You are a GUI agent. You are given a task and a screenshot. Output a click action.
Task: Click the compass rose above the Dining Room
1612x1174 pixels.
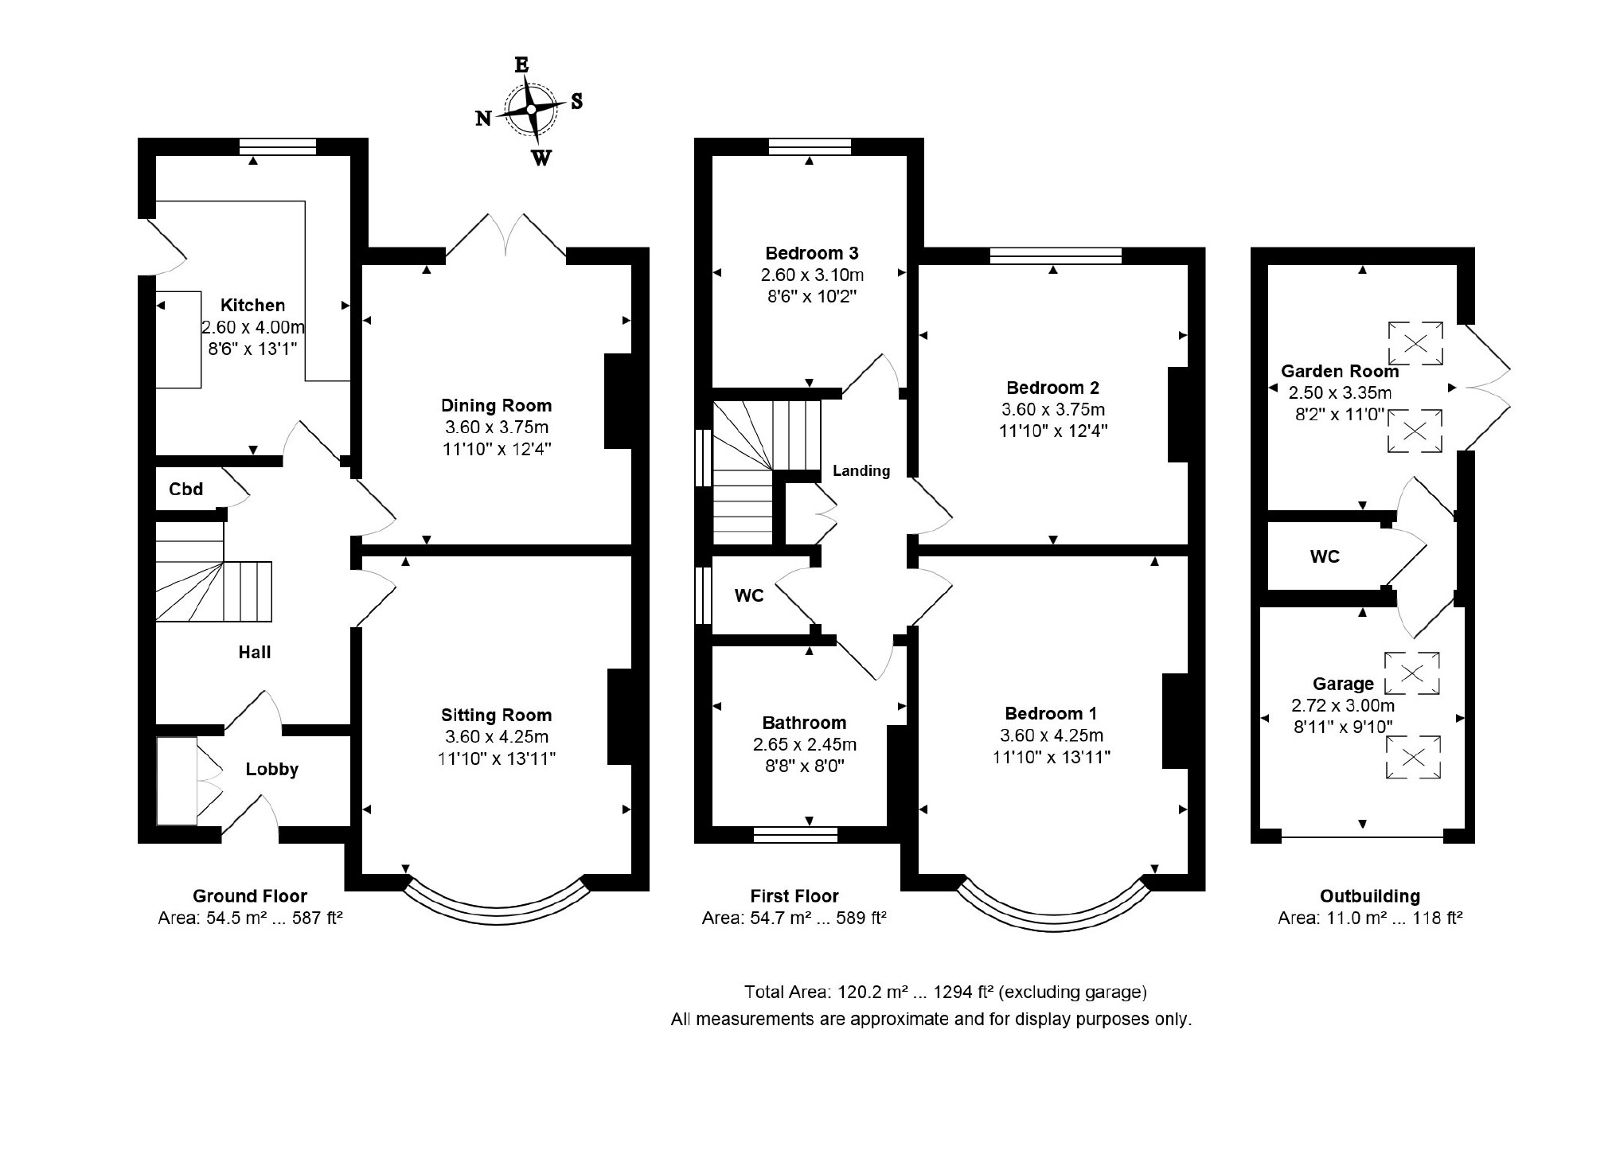tap(531, 109)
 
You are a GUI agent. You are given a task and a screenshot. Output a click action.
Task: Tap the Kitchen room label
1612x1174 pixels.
tap(252, 305)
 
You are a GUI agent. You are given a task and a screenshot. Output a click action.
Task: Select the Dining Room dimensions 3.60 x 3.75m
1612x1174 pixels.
tap(497, 427)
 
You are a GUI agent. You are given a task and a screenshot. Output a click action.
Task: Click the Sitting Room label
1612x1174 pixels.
tap(497, 715)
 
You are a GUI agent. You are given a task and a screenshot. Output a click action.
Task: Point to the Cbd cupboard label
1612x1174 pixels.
tap(186, 489)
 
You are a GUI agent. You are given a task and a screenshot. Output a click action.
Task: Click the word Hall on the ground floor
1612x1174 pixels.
tap(255, 653)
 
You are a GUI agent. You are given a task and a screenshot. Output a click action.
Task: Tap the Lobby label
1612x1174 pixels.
tap(272, 770)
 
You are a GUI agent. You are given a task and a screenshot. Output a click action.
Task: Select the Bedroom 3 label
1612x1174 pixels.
tap(812, 253)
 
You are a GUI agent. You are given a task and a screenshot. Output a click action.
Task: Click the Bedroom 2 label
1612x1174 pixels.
tap(1053, 388)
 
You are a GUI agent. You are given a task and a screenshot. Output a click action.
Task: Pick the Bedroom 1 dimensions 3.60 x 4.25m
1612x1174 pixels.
tap(1052, 735)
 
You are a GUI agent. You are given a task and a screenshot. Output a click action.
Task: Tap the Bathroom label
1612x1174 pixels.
tap(804, 723)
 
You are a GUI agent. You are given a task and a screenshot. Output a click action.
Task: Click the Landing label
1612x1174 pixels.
tap(861, 471)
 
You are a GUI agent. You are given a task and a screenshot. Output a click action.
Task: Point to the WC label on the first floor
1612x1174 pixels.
tap(749, 595)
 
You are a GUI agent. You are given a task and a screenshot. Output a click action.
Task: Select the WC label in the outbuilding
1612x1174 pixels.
tap(1325, 556)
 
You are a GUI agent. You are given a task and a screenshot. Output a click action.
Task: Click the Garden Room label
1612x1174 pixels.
tap(1340, 371)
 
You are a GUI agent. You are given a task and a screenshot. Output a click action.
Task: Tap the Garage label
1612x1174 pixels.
tap(1343, 684)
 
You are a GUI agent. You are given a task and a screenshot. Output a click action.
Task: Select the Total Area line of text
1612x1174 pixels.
tap(946, 992)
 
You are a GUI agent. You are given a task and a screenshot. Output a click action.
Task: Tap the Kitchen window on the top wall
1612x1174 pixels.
tap(278, 146)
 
